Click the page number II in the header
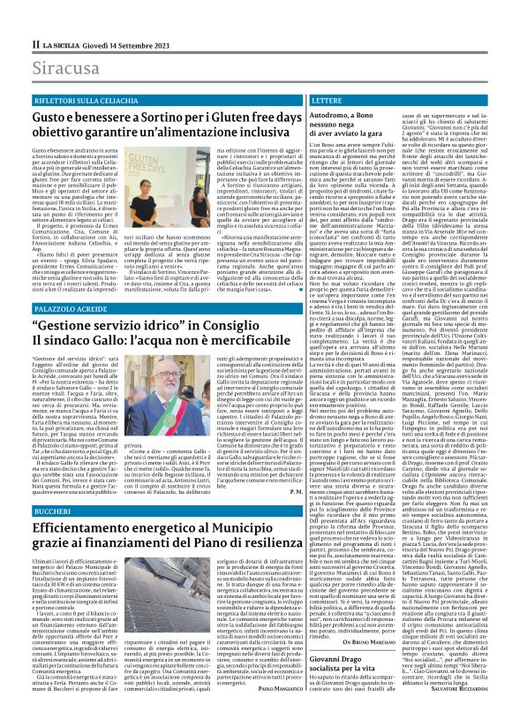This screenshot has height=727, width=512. [x=36, y=43]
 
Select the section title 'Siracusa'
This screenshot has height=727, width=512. [x=64, y=68]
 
